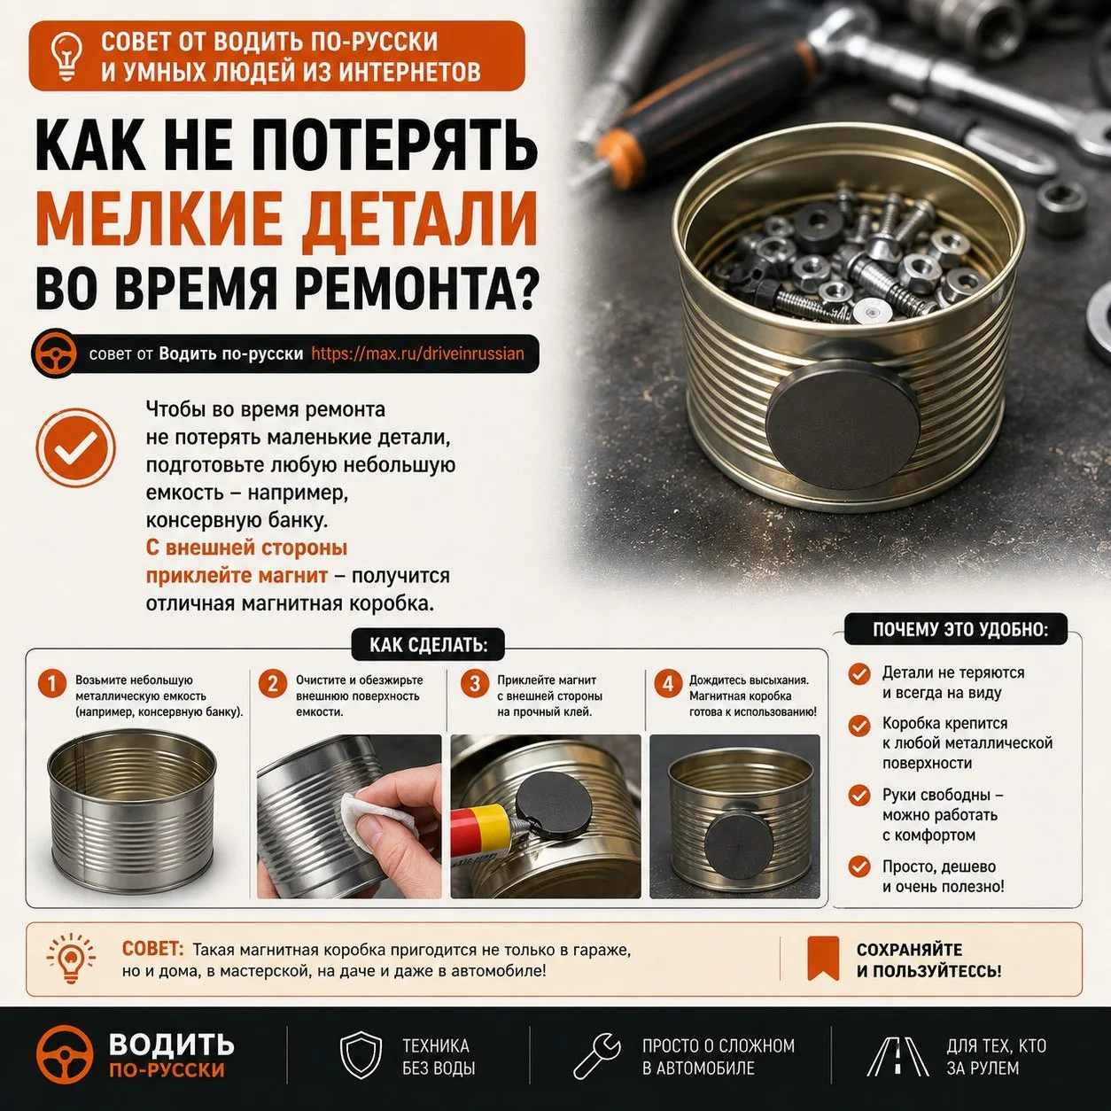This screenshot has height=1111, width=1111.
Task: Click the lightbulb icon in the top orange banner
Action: (66, 56)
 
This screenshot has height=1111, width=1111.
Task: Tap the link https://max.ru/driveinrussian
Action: (417, 353)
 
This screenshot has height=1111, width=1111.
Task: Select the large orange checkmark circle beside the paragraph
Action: (75, 448)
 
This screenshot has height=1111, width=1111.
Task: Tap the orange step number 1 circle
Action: (52, 684)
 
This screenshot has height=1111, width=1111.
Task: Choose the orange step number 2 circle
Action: (273, 684)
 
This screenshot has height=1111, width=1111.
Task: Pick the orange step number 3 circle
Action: (475, 684)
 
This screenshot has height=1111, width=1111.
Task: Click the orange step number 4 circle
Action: (668, 684)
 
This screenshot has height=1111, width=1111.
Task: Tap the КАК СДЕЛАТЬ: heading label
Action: (428, 645)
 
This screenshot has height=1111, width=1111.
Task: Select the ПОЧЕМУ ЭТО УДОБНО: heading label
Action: (955, 629)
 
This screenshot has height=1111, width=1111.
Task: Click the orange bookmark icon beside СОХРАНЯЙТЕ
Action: (823, 959)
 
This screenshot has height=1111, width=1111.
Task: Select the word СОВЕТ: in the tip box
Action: (152, 948)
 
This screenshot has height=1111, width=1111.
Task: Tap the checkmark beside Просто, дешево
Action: (859, 866)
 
